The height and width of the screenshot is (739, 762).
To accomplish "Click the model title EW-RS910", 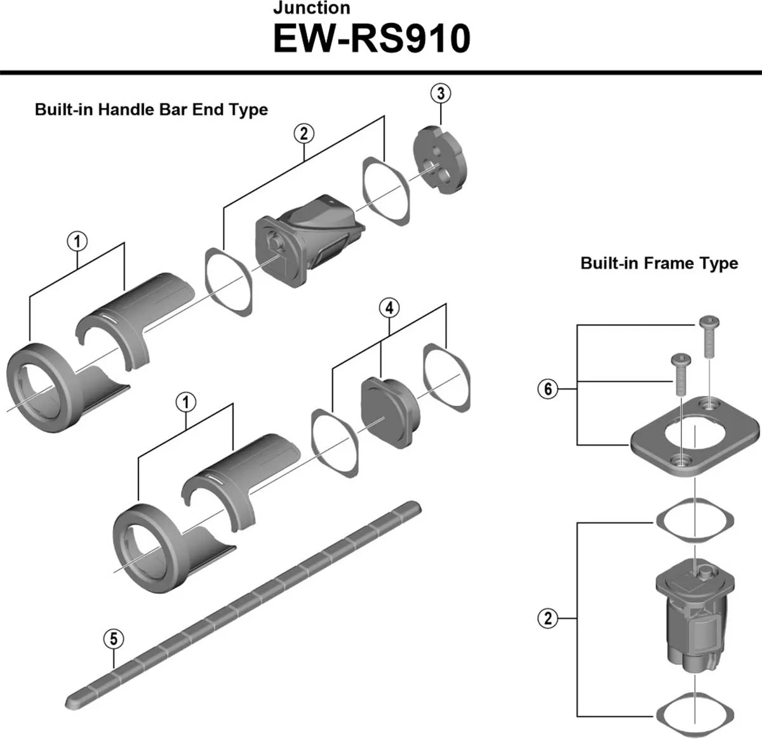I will [x=371, y=39].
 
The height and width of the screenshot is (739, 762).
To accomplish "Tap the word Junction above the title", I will [x=311, y=8].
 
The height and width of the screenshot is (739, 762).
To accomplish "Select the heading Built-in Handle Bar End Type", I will [x=151, y=110].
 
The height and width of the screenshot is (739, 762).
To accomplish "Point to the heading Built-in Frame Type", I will [x=659, y=263].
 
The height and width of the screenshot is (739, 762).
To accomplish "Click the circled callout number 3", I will [x=441, y=93].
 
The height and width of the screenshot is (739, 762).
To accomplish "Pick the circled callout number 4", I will [x=389, y=308].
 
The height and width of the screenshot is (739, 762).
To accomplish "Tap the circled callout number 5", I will [x=114, y=638].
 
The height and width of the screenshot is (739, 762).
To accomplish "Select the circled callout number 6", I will [x=548, y=388].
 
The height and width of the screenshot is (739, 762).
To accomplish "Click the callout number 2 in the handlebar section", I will [x=304, y=133].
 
